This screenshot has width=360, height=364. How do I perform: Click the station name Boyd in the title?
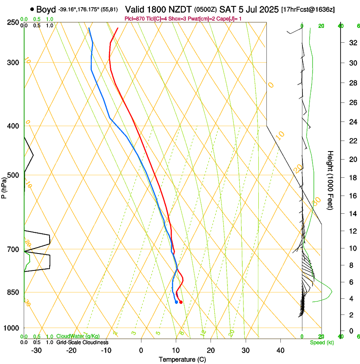coord(46,9)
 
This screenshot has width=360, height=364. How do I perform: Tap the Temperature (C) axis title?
coord(182,359)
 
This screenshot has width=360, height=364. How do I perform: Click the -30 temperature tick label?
coord(36,350)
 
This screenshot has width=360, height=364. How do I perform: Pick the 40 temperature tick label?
coord(280,350)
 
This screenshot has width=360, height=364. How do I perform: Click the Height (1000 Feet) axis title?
coord(331,180)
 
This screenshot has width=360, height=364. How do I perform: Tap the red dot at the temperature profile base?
coord(181,302)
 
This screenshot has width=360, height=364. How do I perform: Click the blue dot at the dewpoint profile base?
coord(176,302)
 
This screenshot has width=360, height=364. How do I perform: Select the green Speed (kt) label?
coord(321,342)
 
